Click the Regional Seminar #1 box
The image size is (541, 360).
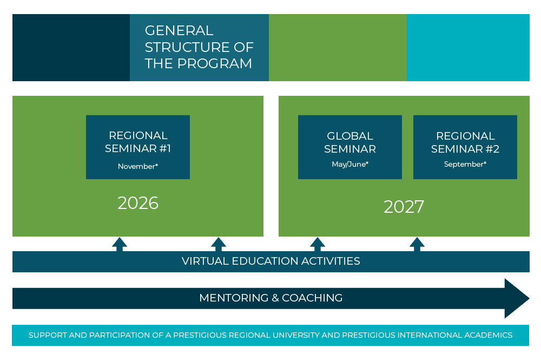click(x=137, y=147)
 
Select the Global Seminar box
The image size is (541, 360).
click(x=350, y=147)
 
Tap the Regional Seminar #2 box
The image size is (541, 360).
click(x=465, y=147)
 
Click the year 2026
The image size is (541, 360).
click(x=138, y=203)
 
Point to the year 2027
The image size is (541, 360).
click(x=404, y=207)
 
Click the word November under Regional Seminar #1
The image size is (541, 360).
click(x=136, y=166)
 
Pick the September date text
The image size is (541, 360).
click(x=464, y=164)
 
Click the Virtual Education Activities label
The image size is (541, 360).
click(x=271, y=261)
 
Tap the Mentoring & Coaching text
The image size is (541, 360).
click(x=271, y=298)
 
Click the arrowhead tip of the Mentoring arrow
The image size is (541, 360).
click(x=529, y=298)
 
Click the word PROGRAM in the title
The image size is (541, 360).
click(x=215, y=63)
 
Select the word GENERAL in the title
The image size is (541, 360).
click(x=179, y=30)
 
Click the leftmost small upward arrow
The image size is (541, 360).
click(x=120, y=244)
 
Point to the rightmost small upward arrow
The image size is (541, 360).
click(x=417, y=244)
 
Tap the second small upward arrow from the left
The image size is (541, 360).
click(x=219, y=244)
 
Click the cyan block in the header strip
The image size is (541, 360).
click(x=468, y=48)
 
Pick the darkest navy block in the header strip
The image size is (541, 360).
click(x=71, y=48)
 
